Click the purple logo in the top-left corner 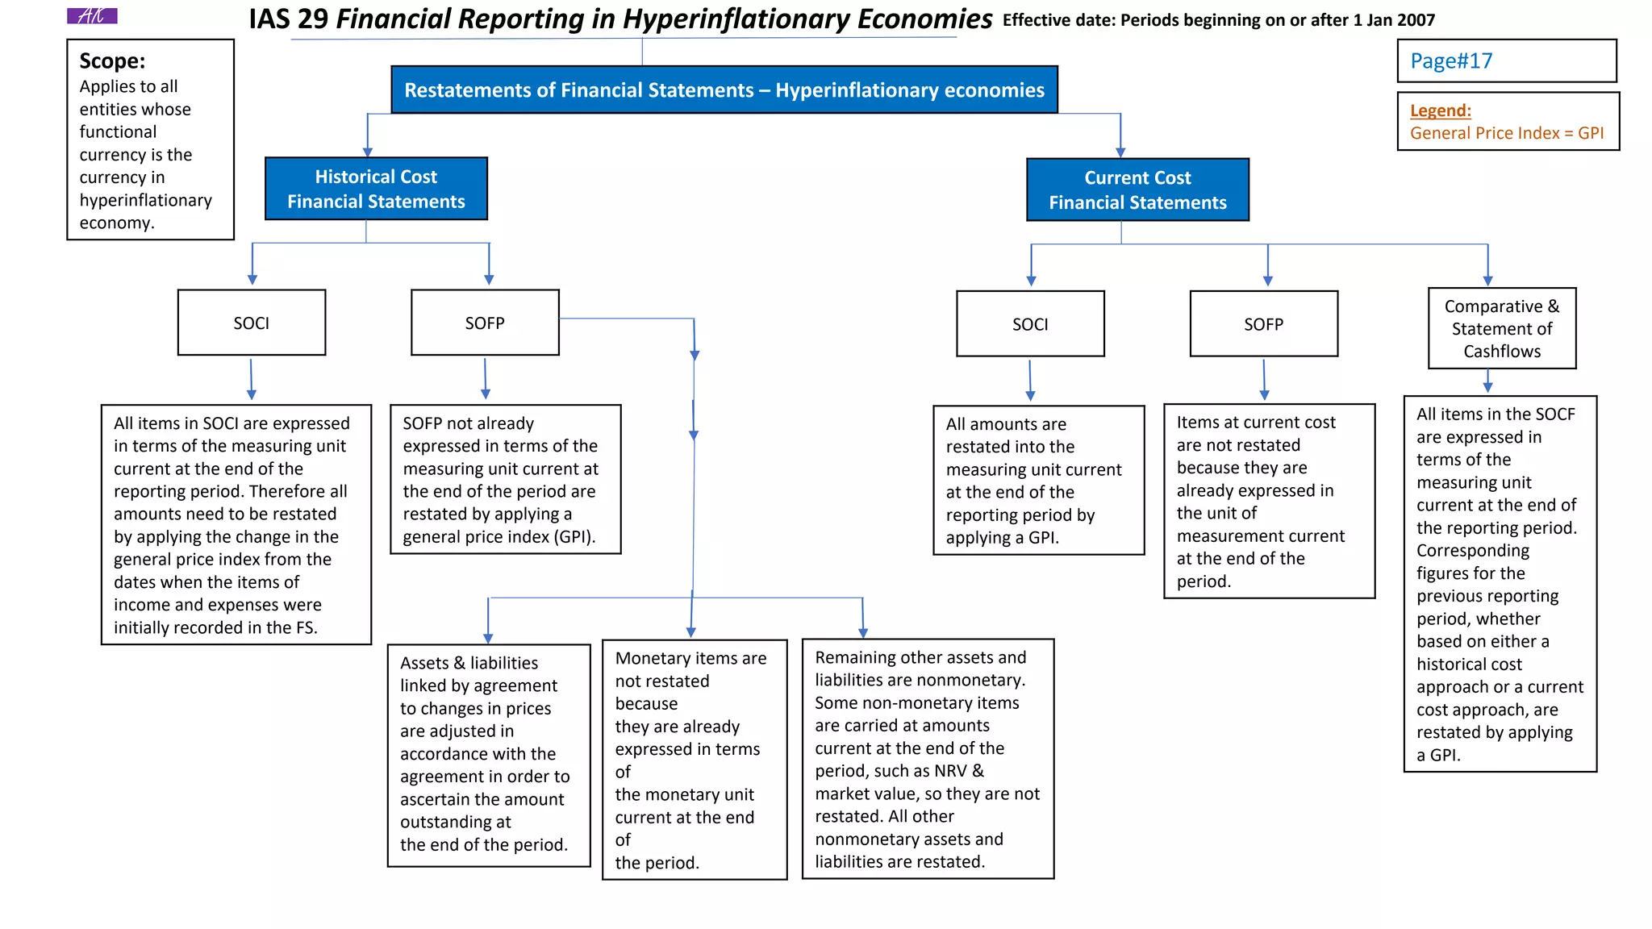click(92, 16)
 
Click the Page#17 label click(1450, 61)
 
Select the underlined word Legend click(1440, 110)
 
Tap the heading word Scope click(112, 61)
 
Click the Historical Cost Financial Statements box click(376, 189)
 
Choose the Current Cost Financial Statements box click(1137, 190)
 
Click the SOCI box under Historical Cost click(252, 323)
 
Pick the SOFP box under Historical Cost click(485, 323)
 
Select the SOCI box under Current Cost click(1030, 324)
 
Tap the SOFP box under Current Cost click(1263, 324)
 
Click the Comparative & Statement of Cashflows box click(1502, 328)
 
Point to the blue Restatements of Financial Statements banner click(724, 90)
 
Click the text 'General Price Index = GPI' click(1506, 133)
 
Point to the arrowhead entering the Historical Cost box click(368, 152)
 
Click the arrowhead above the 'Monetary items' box click(691, 632)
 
